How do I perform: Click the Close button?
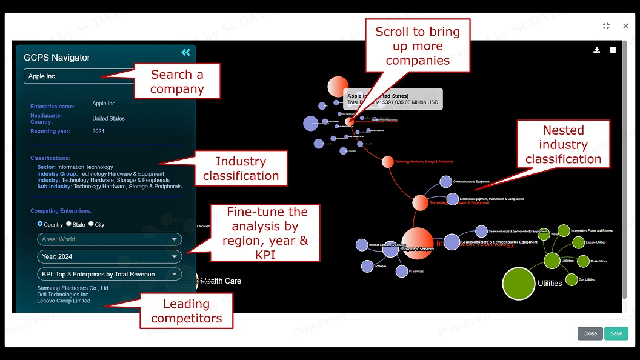590,333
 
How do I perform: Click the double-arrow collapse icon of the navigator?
185,53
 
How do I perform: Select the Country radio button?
40,224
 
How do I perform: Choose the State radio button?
68,224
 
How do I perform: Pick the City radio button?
91,224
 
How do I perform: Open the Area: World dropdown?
109,239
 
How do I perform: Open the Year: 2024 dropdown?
109,256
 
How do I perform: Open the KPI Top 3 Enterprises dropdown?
109,274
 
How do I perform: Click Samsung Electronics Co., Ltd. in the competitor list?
73,288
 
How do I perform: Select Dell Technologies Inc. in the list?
63,295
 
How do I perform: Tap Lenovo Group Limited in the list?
64,301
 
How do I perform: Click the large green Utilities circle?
519,283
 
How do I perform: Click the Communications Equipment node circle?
445,182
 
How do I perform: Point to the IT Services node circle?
402,272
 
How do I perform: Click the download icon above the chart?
596,50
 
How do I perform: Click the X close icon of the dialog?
625,26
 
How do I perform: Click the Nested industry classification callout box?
563,144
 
